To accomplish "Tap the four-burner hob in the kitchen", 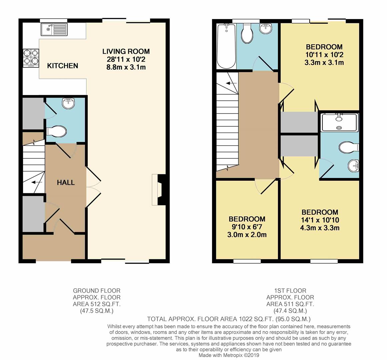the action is point(31,58).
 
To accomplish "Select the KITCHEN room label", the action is point(63,66).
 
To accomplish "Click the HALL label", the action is point(66,183).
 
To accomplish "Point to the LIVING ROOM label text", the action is point(126,51).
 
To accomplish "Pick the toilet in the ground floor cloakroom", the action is point(57,132).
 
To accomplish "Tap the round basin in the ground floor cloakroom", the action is point(69,103).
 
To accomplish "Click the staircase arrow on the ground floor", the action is point(37,182).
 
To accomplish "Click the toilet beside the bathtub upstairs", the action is point(247,34).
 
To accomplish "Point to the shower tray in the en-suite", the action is point(339,122).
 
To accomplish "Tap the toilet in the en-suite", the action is point(349,148).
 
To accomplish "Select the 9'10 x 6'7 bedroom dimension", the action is point(247,227).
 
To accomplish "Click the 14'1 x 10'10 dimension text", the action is point(320,220).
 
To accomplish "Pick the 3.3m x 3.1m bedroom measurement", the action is point(324,62).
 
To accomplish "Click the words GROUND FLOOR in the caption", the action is point(97,291).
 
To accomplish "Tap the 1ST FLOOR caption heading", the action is point(290,291).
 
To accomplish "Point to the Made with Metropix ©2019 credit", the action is point(229,355).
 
